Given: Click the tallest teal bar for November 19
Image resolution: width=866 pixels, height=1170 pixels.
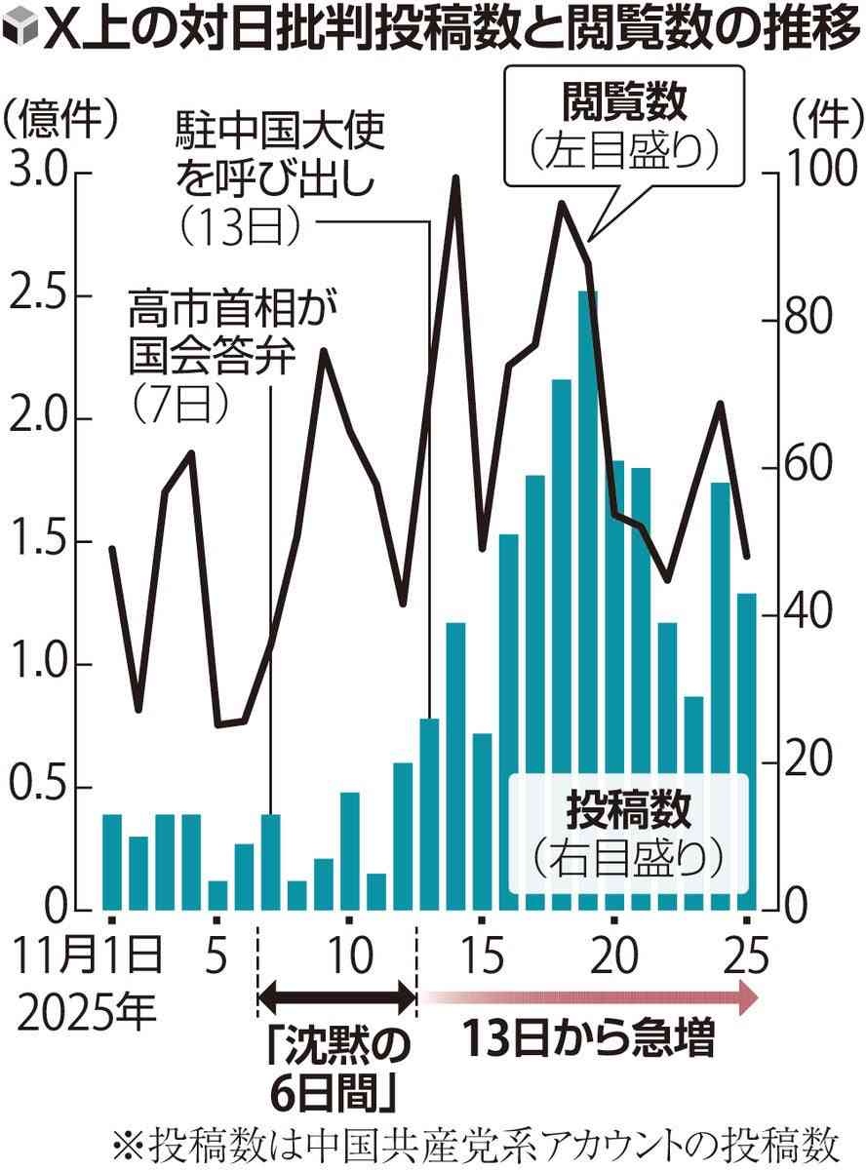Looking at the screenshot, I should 587,600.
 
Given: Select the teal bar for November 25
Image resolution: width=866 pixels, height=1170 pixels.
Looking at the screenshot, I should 746,751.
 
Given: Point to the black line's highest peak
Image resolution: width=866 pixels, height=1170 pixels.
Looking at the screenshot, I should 454,179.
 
